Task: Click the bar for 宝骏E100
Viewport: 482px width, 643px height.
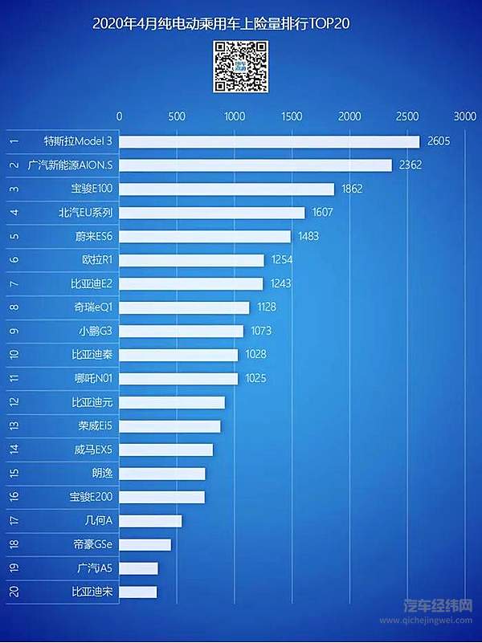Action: point(227,189)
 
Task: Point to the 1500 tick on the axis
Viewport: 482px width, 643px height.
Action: point(292,116)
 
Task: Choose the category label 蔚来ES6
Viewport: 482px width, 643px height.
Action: point(92,237)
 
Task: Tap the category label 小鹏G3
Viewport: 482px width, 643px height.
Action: point(94,331)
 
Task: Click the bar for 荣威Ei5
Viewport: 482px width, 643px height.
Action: point(170,426)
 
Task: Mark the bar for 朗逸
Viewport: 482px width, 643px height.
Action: point(162,474)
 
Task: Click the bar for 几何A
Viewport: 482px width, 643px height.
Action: point(150,521)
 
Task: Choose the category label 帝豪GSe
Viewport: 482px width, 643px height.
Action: point(92,545)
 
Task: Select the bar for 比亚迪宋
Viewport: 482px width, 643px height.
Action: point(138,592)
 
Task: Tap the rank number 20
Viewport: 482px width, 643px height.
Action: point(14,592)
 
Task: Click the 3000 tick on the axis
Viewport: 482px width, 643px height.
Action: point(464,116)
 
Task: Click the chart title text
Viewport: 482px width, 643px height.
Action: point(222,25)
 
